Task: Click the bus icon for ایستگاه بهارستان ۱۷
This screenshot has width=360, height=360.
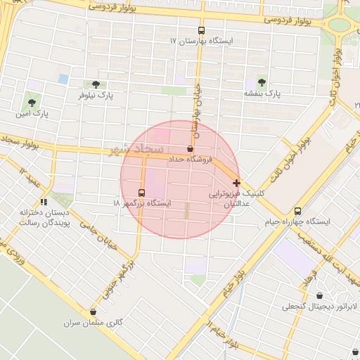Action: [202, 31]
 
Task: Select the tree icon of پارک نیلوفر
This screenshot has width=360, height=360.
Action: [96, 84]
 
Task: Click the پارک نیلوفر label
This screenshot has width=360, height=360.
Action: [96, 95]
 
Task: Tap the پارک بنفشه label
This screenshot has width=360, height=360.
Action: [262, 94]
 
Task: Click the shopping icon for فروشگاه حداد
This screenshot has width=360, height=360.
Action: [190, 149]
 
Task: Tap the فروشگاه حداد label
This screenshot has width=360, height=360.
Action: [190, 160]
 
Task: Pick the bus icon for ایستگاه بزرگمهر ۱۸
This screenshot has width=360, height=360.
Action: [141, 193]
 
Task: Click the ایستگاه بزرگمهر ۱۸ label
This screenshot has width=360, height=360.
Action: [141, 203]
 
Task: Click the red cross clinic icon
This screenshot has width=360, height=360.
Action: [236, 183]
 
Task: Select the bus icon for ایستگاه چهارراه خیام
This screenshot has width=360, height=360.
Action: [297, 211]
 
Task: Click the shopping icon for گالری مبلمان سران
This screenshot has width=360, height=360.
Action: [93, 311]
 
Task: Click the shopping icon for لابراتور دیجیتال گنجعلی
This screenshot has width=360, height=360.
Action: [320, 295]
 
